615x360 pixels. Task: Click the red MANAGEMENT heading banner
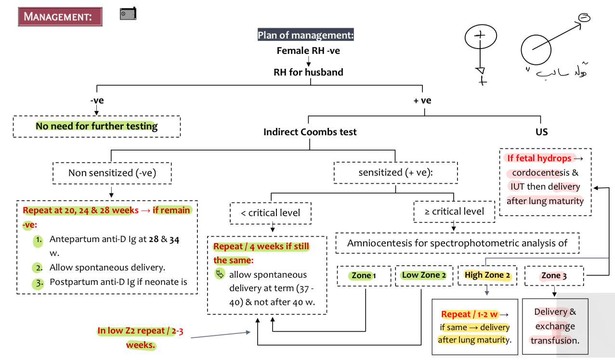point(60,17)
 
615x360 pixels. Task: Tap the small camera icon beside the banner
point(128,14)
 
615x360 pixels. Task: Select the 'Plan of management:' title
point(306,35)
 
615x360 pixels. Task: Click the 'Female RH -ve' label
point(308,51)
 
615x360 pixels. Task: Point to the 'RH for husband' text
point(308,72)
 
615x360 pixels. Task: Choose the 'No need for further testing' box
point(96,127)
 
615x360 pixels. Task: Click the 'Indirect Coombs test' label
point(310,132)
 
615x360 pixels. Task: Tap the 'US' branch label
point(541,132)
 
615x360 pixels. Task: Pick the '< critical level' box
point(271,213)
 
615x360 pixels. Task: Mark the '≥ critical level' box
point(454,211)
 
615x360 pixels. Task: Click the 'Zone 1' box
point(364,276)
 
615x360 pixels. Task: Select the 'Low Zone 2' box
point(424,275)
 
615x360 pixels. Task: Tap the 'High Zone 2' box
point(487,275)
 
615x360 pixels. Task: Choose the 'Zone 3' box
point(554,276)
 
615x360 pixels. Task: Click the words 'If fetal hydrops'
point(539,158)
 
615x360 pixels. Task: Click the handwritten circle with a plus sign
point(480,37)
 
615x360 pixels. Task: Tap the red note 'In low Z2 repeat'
point(140,331)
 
